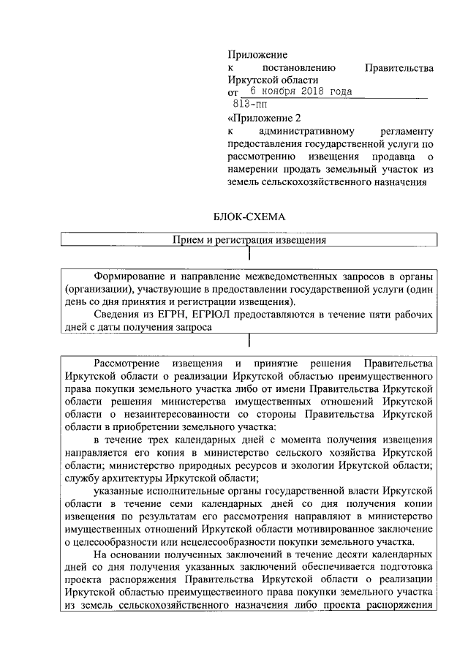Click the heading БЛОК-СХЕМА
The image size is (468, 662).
251,217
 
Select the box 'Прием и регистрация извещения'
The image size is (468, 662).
249,240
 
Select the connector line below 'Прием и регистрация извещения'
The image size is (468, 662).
250,254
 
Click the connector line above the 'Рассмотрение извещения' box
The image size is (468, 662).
250,341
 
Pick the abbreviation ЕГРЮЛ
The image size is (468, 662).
205,315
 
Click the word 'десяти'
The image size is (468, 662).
328,555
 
